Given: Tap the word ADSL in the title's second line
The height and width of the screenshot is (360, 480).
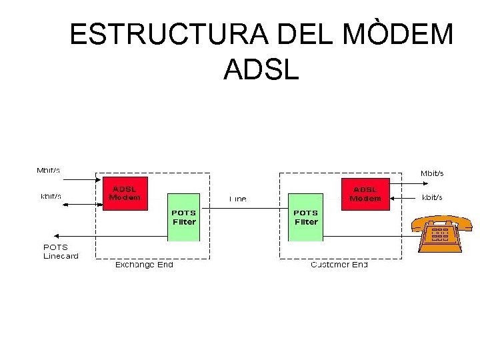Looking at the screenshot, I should [x=262, y=69].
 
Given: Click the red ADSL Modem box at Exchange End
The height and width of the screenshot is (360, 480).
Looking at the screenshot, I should [x=125, y=193].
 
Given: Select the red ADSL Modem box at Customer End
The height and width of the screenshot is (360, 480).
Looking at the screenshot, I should [x=365, y=194].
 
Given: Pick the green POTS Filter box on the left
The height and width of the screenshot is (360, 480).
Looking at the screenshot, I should [x=184, y=216].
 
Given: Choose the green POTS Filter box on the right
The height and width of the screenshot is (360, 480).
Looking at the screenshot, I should [x=306, y=216].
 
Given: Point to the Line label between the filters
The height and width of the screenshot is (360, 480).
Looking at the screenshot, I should [x=238, y=199].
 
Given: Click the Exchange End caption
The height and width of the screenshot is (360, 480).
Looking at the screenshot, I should [x=143, y=265].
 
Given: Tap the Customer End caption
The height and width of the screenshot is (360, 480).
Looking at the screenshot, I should [x=339, y=265].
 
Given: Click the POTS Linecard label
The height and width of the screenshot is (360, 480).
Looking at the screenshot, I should [x=61, y=251].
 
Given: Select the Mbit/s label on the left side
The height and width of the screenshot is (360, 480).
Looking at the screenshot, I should [x=48, y=170].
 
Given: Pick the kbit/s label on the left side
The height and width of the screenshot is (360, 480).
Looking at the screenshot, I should [x=51, y=196].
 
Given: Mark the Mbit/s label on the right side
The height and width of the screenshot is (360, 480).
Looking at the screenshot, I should [x=431, y=173].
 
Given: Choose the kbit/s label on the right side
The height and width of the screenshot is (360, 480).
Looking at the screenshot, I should [x=432, y=197].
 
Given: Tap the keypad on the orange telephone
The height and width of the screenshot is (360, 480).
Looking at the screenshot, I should [x=440, y=235].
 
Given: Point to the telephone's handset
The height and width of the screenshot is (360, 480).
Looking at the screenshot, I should [x=441, y=221].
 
